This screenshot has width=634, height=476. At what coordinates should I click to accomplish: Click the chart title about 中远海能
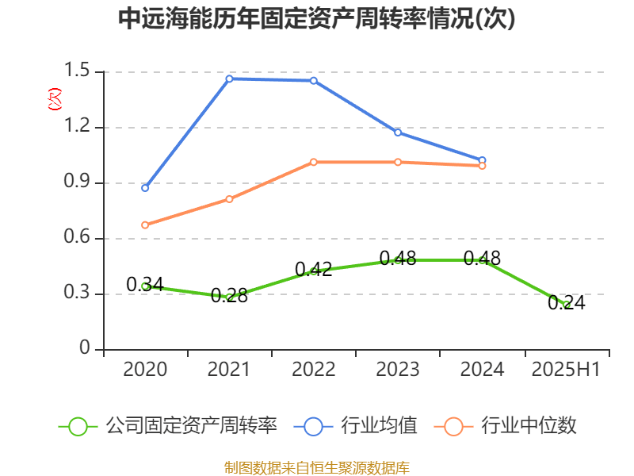click(x=316, y=19)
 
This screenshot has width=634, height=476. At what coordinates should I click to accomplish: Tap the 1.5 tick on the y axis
click(x=79, y=72)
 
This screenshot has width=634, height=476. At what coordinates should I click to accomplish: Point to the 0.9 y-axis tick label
click(x=79, y=183)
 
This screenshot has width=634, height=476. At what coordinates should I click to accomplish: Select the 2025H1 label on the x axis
click(x=566, y=370)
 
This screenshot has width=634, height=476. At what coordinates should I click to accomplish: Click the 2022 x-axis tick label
click(x=314, y=370)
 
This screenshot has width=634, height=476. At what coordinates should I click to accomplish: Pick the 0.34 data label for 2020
click(x=145, y=284)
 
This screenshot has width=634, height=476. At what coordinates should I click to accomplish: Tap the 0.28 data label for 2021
click(x=229, y=297)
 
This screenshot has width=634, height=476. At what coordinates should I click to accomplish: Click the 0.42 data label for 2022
click(x=314, y=269)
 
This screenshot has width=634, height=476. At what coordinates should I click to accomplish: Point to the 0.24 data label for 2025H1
click(x=566, y=302)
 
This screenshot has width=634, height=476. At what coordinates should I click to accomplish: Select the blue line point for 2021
click(x=229, y=79)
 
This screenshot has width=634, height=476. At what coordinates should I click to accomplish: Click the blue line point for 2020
click(x=145, y=188)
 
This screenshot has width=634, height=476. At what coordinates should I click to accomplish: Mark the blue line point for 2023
click(x=398, y=132)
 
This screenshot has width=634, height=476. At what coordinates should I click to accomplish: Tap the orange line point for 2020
click(x=145, y=225)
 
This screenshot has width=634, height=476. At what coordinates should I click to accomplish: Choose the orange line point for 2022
click(x=314, y=162)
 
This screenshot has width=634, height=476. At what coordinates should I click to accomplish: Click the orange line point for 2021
click(x=229, y=199)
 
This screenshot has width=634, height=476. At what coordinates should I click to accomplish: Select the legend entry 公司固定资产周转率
click(x=168, y=426)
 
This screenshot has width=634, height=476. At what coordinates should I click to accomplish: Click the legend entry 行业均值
click(x=356, y=426)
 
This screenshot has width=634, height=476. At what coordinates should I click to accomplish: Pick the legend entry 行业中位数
click(x=506, y=426)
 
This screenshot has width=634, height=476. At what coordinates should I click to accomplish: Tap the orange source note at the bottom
click(x=316, y=467)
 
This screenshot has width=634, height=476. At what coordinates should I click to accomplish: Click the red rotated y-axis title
click(x=54, y=99)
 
